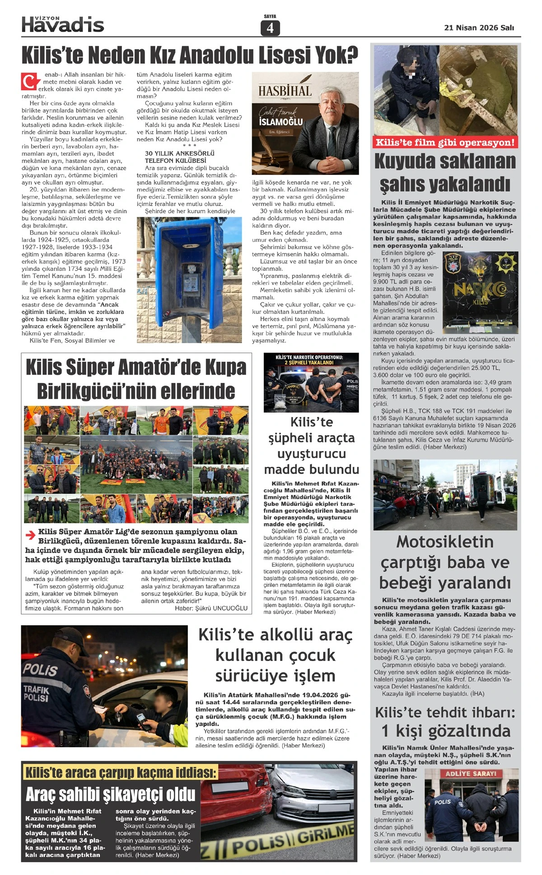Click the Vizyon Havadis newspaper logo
pos(63,24)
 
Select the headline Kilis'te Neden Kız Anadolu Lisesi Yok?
pos(190,56)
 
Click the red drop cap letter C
pos(29,82)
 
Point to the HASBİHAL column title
pos(285,91)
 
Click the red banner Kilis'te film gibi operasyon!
pos(445,143)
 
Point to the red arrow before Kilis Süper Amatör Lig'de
pos(30,535)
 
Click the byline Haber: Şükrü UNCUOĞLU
pos(211,608)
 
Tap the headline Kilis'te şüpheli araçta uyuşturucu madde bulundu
pos(311,446)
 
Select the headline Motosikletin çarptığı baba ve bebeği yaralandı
pos(445,562)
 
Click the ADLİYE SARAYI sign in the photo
pos(471,773)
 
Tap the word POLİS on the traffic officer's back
pos(40,670)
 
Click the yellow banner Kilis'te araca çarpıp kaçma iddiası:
pos(121,773)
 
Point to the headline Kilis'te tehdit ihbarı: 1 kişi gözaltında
pos(445,721)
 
